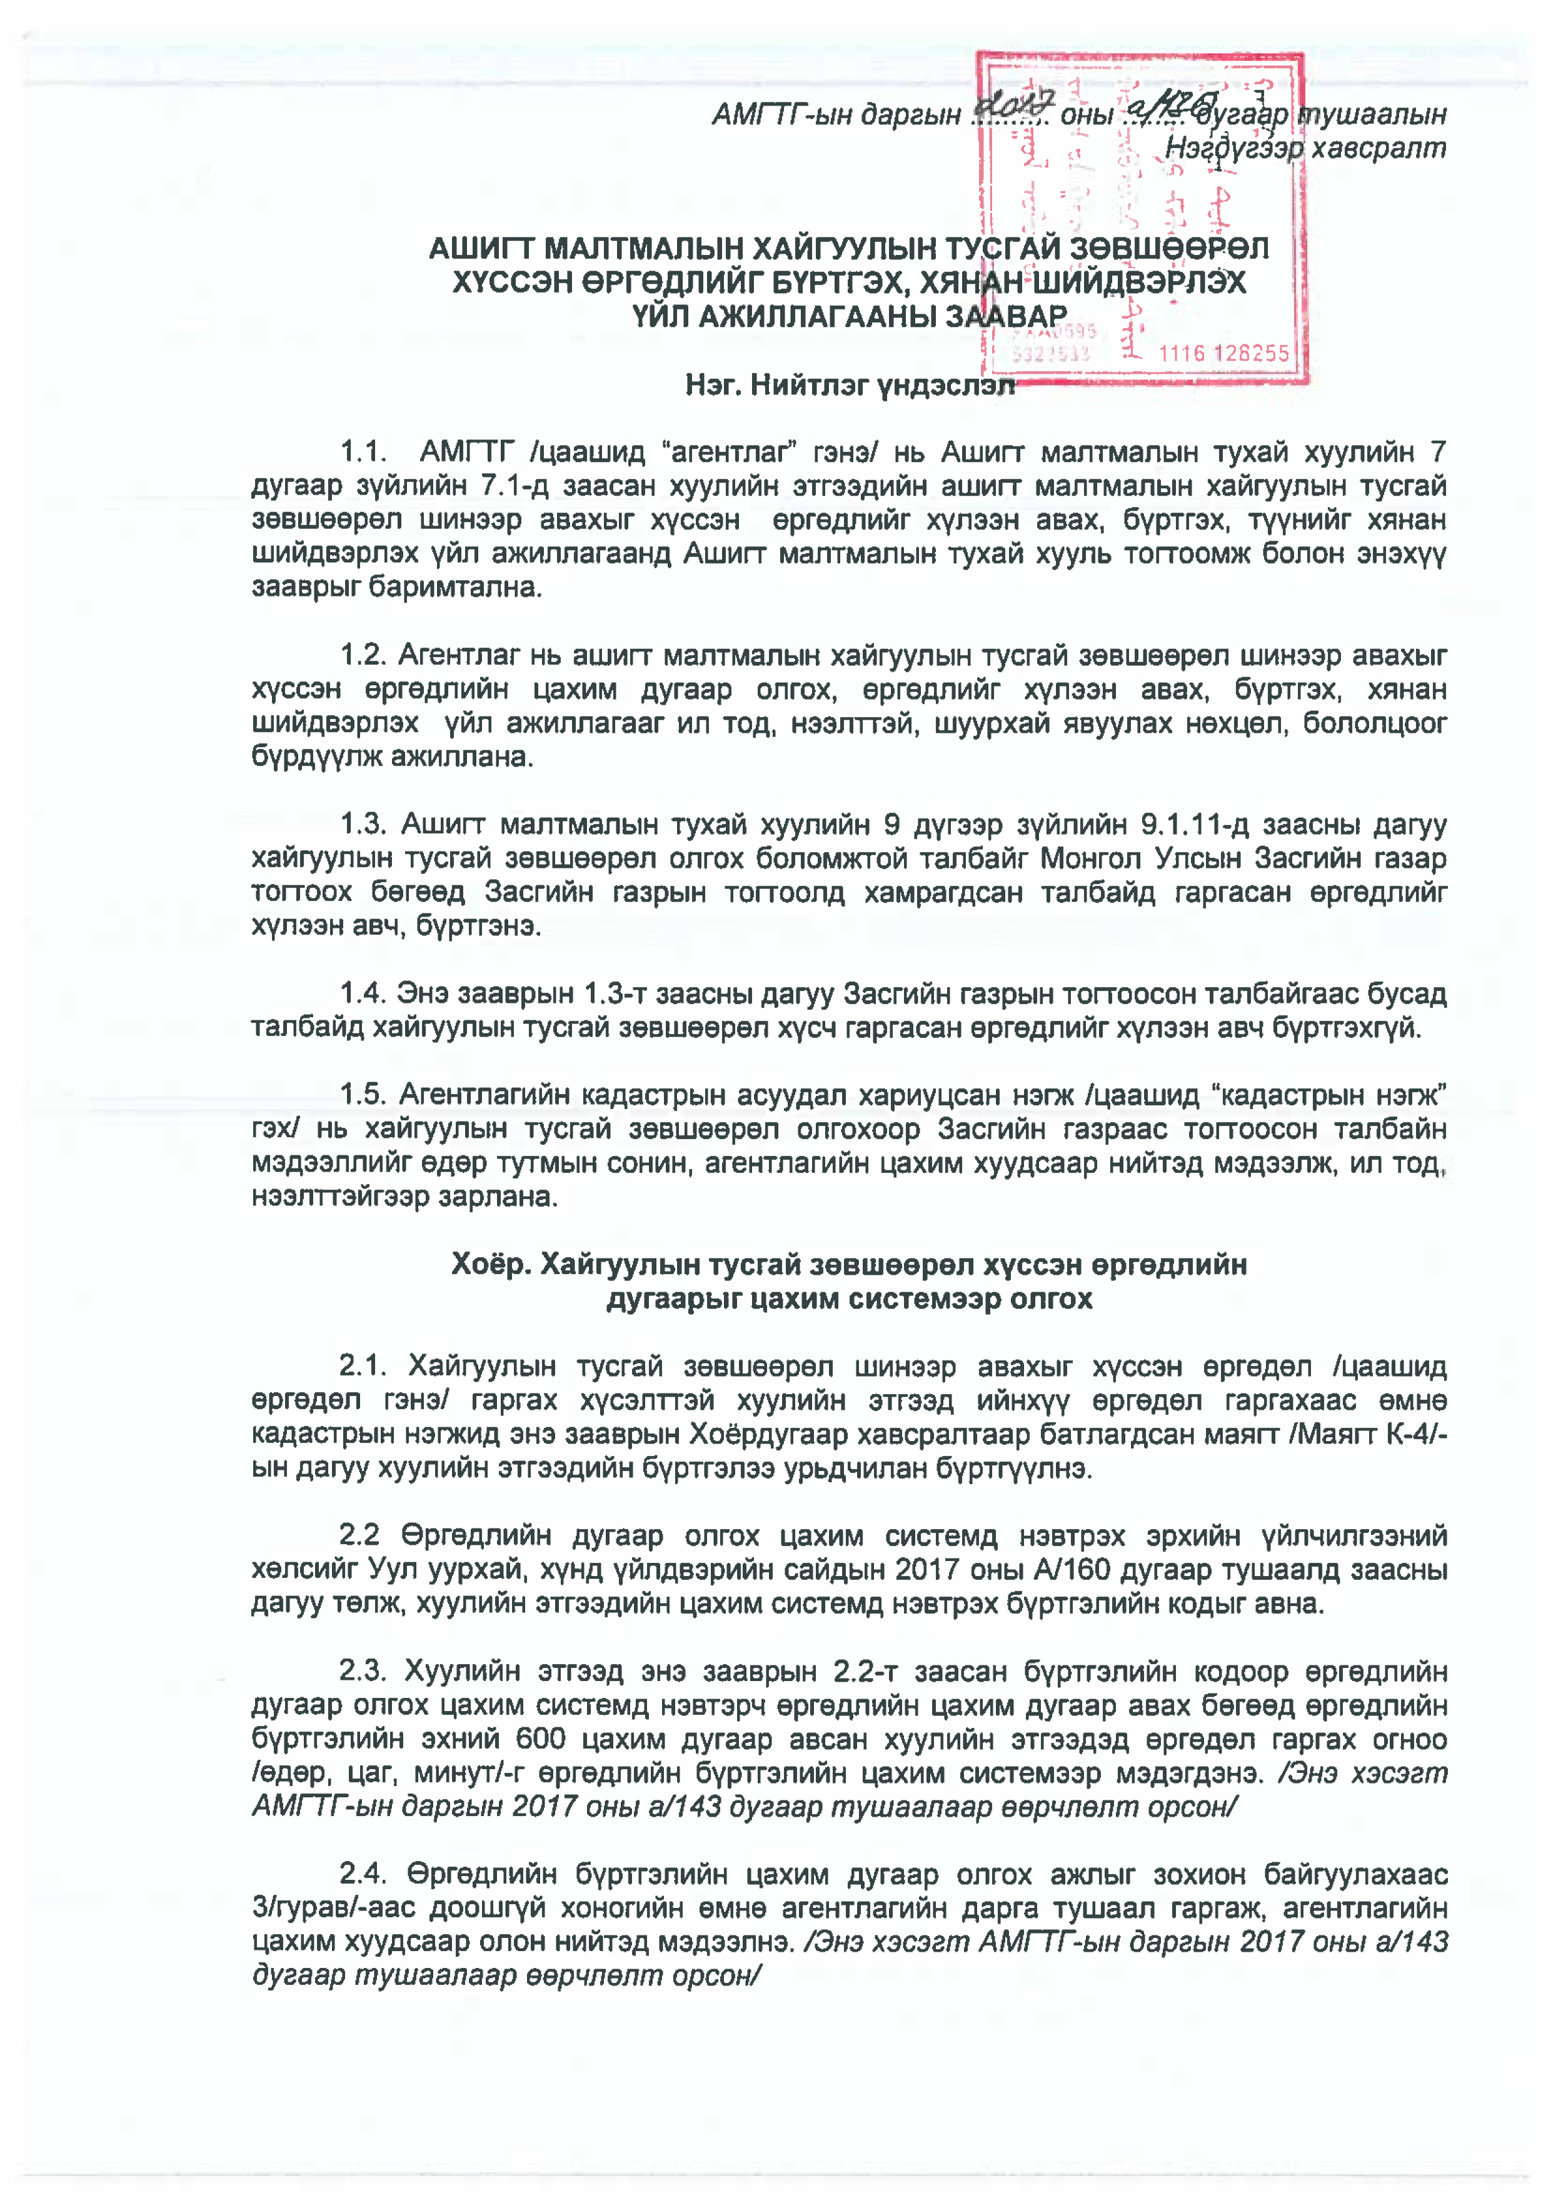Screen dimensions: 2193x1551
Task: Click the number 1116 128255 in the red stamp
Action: point(1223,353)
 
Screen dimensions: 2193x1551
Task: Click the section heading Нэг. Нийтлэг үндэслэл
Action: point(849,385)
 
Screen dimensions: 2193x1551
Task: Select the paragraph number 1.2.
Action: point(363,655)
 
